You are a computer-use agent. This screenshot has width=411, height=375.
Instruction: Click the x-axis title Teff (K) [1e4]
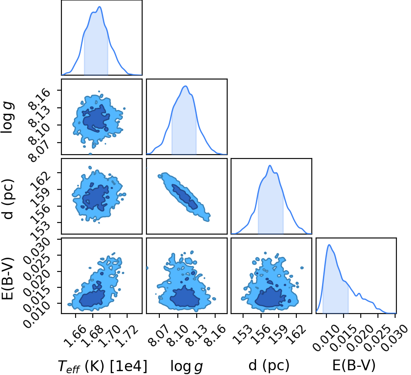(103, 366)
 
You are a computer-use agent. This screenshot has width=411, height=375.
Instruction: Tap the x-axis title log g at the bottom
(187, 366)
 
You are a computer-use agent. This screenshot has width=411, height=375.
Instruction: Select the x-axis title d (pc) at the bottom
(269, 366)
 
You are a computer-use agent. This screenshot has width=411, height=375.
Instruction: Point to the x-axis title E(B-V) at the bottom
(354, 366)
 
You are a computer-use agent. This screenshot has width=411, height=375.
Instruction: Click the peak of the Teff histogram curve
(100, 6)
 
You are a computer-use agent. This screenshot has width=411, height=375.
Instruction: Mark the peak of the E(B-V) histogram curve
(329, 245)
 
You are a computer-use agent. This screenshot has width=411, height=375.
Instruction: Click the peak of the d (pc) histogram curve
(270, 165)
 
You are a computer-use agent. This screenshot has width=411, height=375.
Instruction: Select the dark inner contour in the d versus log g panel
(185, 196)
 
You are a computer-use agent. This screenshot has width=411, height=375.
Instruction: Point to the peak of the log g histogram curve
(186, 86)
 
